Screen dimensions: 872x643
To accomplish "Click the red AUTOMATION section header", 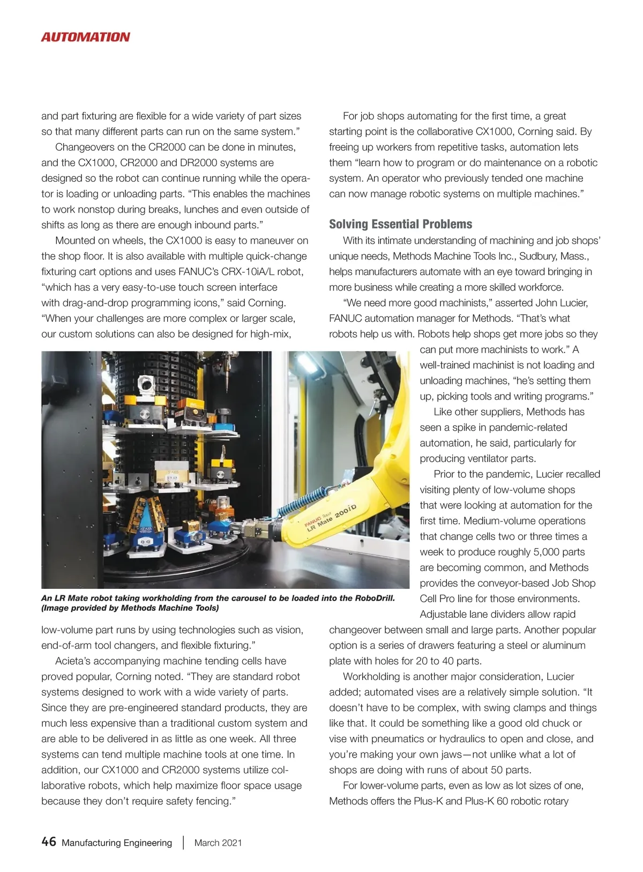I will [85, 37].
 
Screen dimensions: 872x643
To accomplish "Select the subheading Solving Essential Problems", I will [400, 224].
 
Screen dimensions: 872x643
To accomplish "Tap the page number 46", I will [48, 842].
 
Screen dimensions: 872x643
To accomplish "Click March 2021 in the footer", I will [218, 843].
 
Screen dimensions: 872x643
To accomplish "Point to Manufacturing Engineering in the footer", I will [117, 843].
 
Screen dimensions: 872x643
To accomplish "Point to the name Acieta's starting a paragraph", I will [75, 661].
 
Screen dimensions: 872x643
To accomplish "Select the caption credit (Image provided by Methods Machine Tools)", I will [130, 608].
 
